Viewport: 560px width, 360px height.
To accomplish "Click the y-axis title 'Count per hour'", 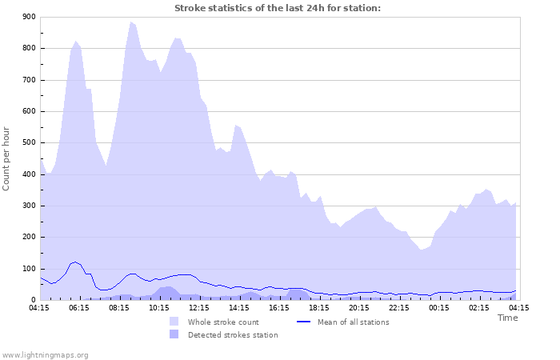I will (x=7, y=158).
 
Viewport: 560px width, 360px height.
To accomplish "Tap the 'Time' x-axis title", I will (x=507, y=318).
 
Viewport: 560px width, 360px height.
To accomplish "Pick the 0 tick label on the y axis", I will (x=32, y=300).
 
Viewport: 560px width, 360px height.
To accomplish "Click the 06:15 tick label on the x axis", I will (x=79, y=307).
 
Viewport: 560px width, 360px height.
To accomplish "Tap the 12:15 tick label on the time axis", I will (x=199, y=307).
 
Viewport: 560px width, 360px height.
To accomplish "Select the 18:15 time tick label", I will (x=319, y=307).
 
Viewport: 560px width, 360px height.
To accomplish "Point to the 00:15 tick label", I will (x=439, y=307).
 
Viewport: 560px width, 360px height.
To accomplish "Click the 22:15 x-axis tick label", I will (x=399, y=307).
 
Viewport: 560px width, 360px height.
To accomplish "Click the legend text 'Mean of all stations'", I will (x=353, y=322).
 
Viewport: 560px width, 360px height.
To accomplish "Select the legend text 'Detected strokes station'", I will (x=233, y=335).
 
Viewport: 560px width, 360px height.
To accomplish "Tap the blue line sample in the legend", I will (x=303, y=322).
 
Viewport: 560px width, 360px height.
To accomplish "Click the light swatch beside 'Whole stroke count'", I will (x=174, y=322).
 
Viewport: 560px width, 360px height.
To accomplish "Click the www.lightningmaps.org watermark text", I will (x=45, y=354).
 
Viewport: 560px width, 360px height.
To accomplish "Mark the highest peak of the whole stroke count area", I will (x=130, y=22).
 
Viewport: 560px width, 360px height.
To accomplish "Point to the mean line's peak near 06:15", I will (x=75, y=262).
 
